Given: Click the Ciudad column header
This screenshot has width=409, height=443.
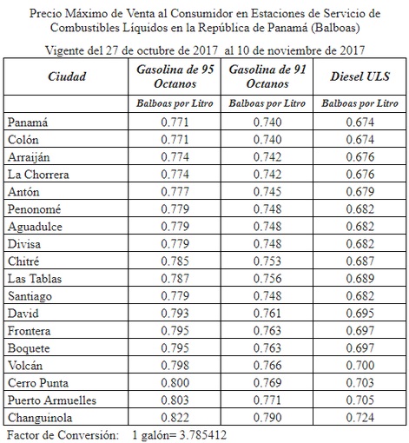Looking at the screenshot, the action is point(66,76).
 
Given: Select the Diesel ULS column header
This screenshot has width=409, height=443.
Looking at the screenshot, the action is point(358,76).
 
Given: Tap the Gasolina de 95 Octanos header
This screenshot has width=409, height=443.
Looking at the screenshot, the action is point(175,76).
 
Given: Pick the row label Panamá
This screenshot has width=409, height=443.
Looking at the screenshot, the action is point(28,123).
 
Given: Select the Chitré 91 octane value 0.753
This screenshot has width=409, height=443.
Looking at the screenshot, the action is point(267,261).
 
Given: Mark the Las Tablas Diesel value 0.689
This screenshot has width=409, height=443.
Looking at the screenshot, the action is point(357,279).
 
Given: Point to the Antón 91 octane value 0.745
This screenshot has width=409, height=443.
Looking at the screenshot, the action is point(267,193).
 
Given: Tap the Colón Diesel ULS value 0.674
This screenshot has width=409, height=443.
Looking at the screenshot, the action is point(357,142).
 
